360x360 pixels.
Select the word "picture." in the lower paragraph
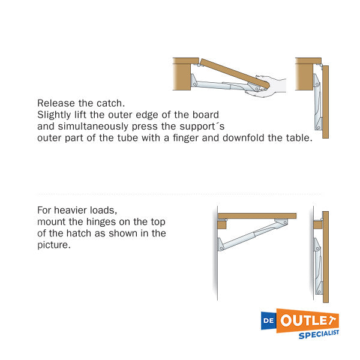(54, 245)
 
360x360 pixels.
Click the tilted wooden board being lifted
(235, 73)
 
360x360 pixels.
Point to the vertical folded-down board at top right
(325, 102)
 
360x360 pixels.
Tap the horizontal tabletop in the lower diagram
(257, 216)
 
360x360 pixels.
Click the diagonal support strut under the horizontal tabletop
(253, 235)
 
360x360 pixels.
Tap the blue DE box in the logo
(269, 320)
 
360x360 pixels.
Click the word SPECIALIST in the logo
(319, 335)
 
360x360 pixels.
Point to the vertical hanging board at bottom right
(326, 257)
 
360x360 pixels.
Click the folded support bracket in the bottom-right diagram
(318, 266)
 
